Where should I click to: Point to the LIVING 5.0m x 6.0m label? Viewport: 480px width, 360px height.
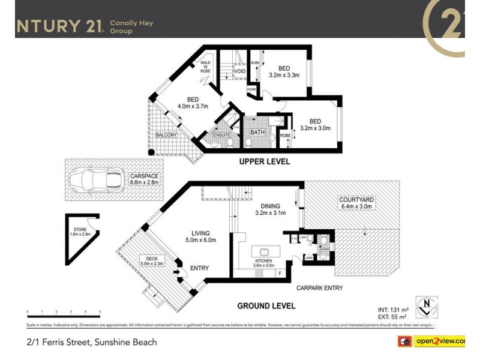200,236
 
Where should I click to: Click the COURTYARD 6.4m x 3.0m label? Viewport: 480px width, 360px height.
356,203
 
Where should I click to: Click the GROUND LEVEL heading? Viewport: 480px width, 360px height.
266,306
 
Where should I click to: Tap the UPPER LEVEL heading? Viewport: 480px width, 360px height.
265,161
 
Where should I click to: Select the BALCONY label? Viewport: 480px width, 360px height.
166,135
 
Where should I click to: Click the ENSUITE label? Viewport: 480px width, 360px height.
222,136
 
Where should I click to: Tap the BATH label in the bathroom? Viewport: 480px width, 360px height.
257,133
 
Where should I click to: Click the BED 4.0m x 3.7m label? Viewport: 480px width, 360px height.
192,103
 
